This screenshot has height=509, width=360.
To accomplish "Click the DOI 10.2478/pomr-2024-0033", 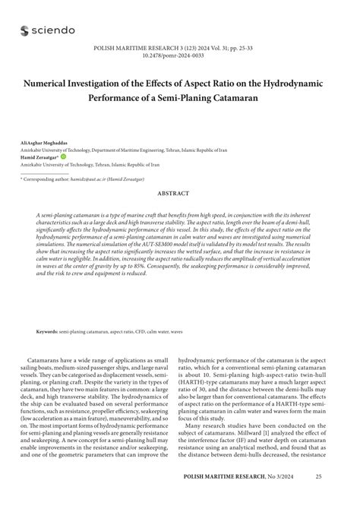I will click(180, 55).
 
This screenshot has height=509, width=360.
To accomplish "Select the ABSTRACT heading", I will click(180, 194).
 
